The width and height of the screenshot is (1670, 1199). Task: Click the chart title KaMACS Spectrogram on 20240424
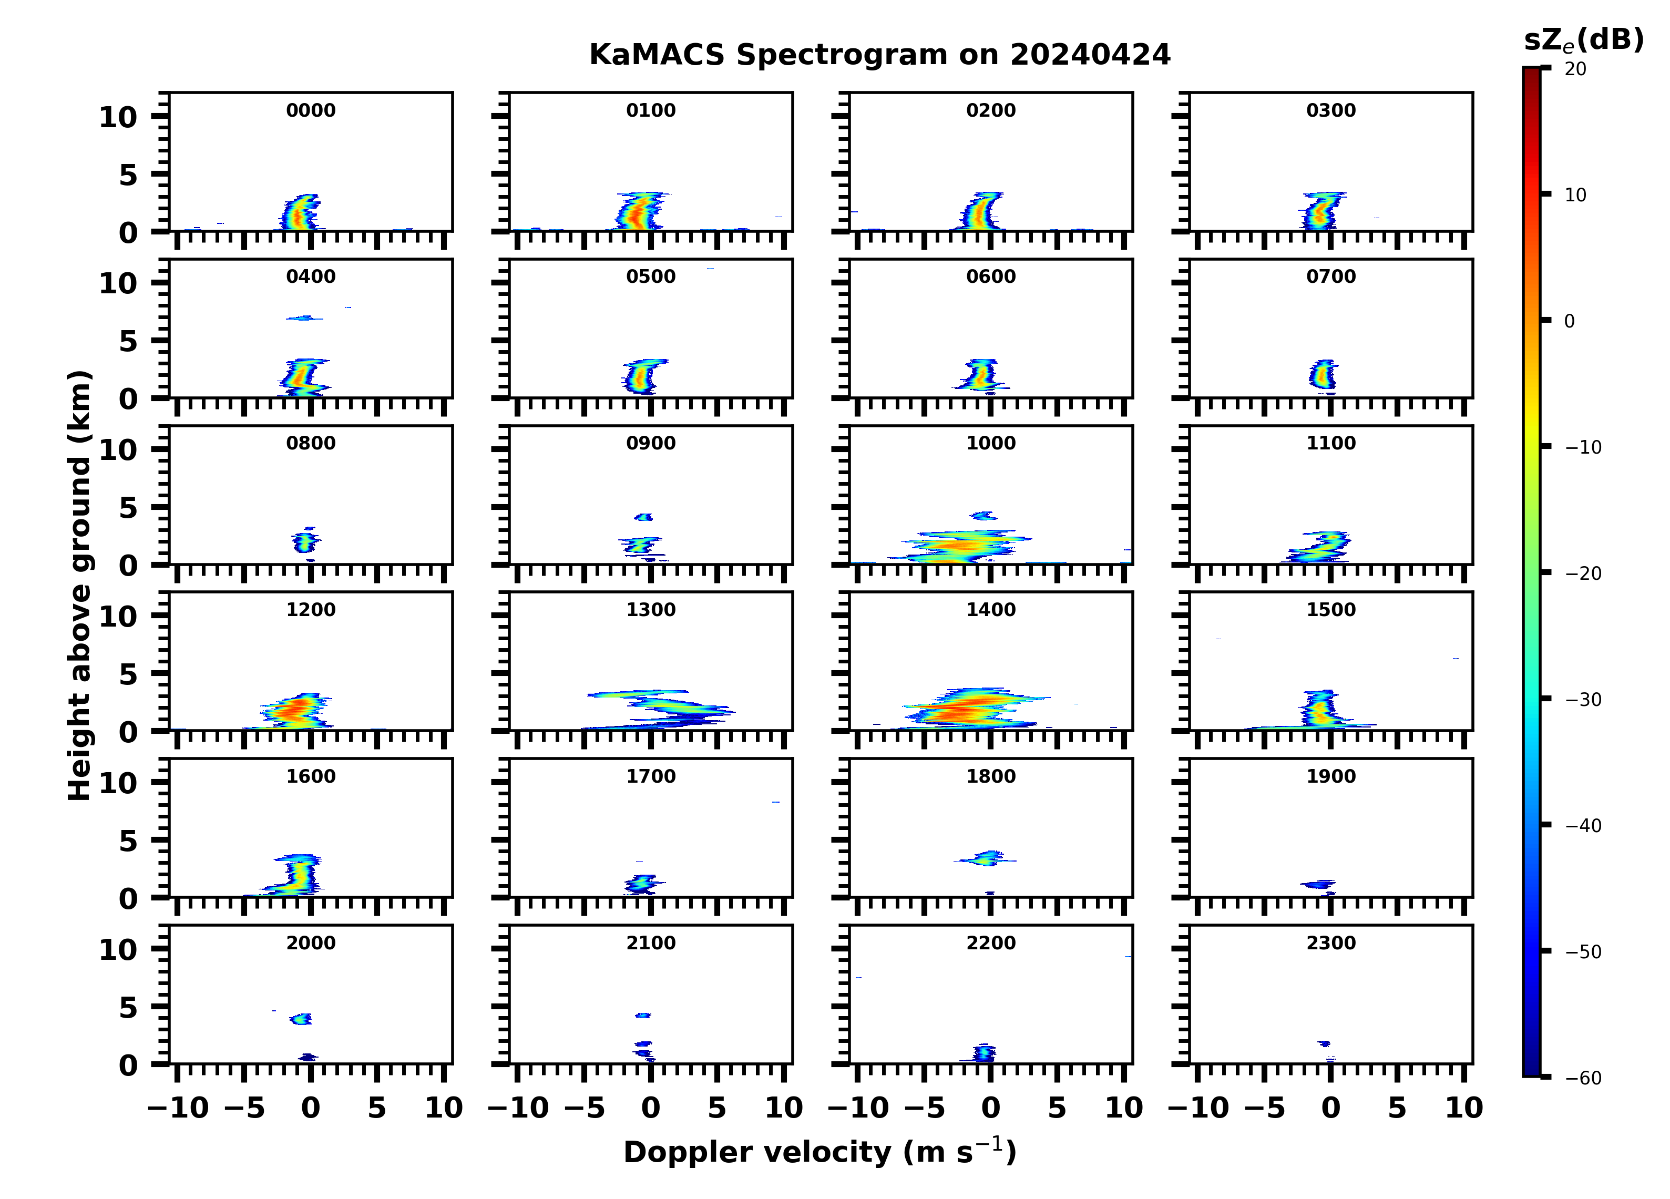pyautogui.click(x=879, y=55)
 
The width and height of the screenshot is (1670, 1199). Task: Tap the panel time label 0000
pyautogui.click(x=311, y=110)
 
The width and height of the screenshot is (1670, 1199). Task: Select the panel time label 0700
pyautogui.click(x=1330, y=277)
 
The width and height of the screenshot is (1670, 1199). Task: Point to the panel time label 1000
pyautogui.click(x=990, y=443)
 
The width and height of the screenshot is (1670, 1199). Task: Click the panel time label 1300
pyautogui.click(x=650, y=610)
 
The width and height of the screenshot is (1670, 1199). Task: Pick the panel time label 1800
pyautogui.click(x=990, y=776)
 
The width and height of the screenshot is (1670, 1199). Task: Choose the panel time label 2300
pyautogui.click(x=1330, y=942)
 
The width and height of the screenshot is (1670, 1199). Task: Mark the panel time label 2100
pyautogui.click(x=650, y=942)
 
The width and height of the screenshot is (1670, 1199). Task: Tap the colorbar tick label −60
pyautogui.click(x=1583, y=1078)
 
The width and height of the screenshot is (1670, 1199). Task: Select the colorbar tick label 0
pyautogui.click(x=1569, y=321)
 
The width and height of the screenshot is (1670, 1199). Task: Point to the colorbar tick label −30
pyautogui.click(x=1583, y=700)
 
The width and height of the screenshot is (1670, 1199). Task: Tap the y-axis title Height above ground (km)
pyautogui.click(x=79, y=586)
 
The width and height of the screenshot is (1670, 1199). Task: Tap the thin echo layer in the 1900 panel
pyautogui.click(x=1318, y=884)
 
